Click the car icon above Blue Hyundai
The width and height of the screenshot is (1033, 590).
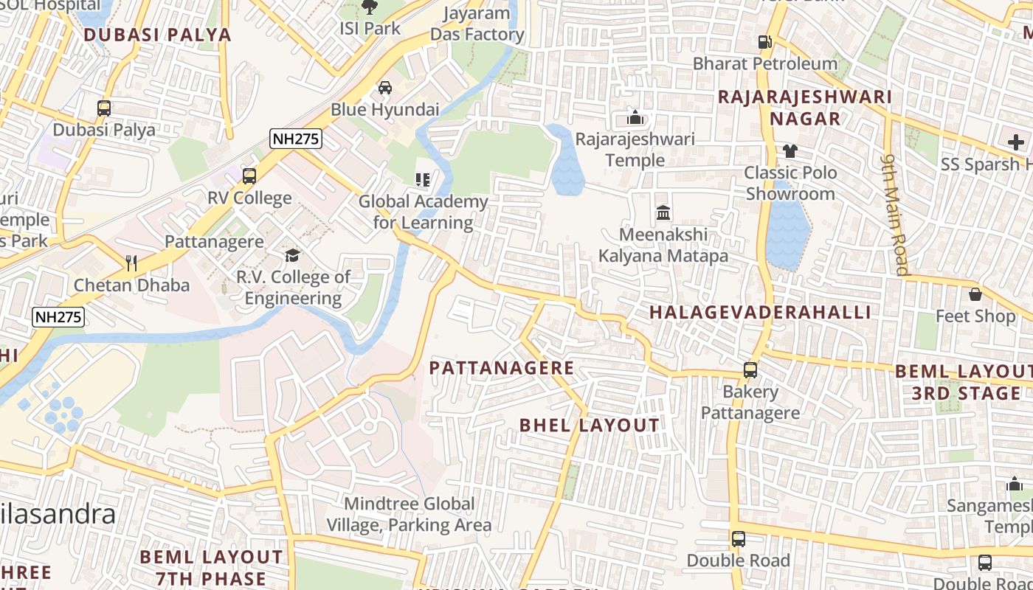point(384,88)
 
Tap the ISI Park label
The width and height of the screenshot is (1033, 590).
point(370,29)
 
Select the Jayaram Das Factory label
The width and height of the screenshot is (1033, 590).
point(477,24)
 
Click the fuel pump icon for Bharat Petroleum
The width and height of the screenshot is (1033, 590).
point(764,42)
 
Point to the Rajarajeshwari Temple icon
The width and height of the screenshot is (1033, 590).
point(635,117)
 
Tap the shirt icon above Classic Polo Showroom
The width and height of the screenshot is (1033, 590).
point(790,151)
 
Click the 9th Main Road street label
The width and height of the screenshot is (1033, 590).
point(896,214)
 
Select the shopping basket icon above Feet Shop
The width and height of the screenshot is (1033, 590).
point(975,294)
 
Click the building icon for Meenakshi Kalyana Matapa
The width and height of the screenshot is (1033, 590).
point(663,213)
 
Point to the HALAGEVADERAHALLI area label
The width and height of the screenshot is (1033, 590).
point(760,312)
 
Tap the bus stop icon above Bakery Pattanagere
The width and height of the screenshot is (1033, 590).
point(750,370)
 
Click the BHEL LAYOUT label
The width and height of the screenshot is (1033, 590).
point(589,426)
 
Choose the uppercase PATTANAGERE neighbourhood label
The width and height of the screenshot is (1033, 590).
point(502,368)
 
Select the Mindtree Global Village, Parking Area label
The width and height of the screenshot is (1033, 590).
point(410,515)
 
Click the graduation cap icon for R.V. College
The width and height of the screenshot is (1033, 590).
point(293,255)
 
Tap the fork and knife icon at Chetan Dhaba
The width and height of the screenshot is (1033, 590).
point(131,263)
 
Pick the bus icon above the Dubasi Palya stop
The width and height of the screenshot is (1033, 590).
point(104,108)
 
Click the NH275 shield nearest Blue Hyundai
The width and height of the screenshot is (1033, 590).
point(296,138)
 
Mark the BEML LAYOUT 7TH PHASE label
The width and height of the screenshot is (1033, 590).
point(211,567)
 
